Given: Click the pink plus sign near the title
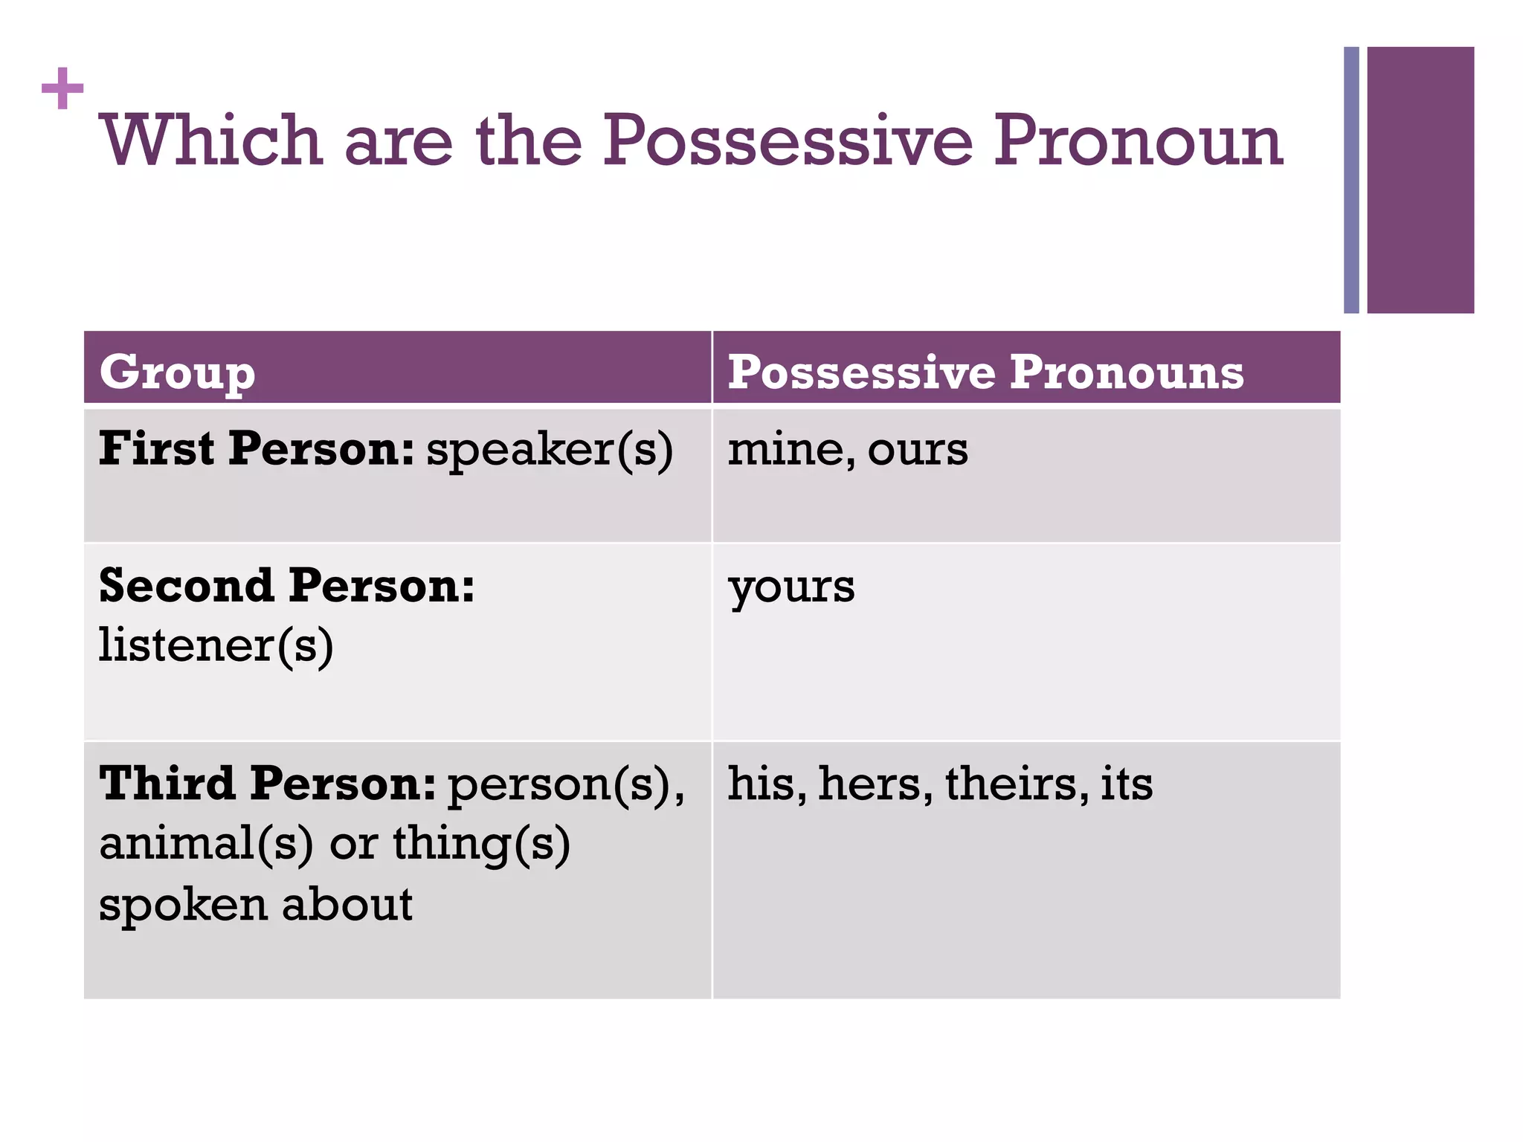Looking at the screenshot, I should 62,88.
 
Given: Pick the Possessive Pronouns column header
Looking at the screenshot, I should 985,372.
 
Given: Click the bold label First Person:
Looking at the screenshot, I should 256,449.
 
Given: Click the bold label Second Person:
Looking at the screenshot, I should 286,585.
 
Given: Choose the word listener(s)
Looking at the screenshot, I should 216,645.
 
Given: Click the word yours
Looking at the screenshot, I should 791,587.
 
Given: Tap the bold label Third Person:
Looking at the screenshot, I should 268,784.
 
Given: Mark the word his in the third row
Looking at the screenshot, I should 767,784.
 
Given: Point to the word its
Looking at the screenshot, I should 1127,784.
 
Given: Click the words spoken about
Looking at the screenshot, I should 256,905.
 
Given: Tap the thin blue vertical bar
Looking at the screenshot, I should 1350,180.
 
